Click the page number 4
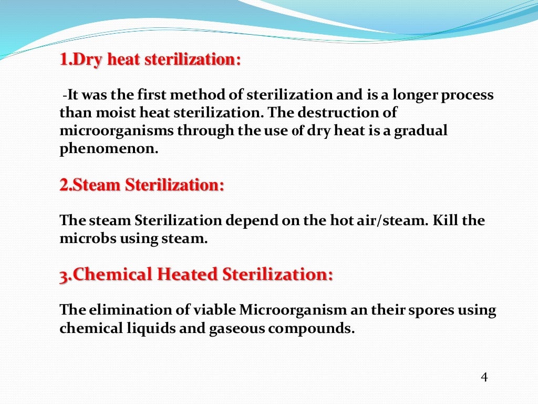[484, 377]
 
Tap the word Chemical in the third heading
[112, 275]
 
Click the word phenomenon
[109, 148]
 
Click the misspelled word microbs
[88, 238]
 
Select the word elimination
[124, 310]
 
